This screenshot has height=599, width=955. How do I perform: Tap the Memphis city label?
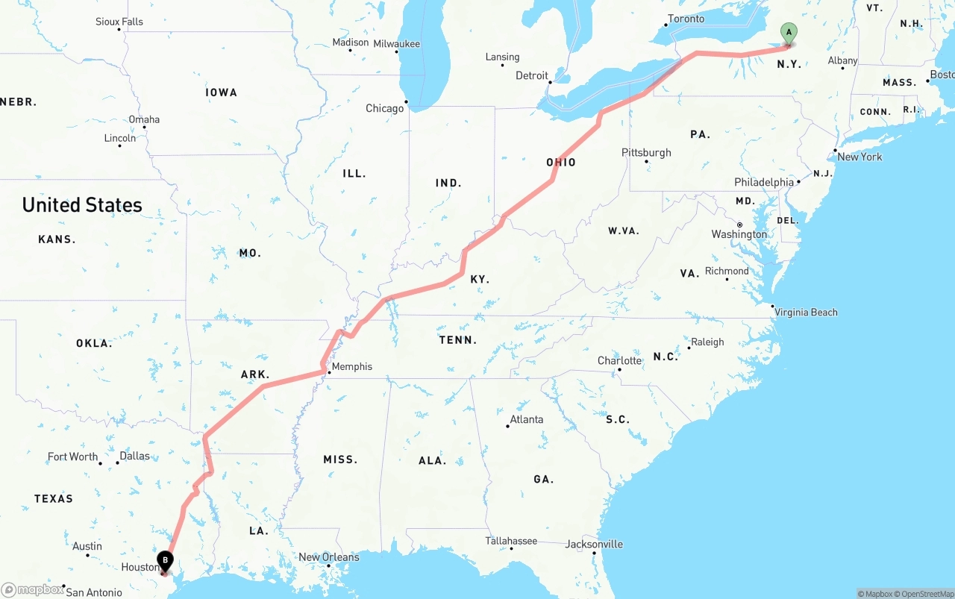[x=351, y=366]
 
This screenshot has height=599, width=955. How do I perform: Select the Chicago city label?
[x=384, y=108]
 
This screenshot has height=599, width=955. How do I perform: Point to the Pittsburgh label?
[x=646, y=152]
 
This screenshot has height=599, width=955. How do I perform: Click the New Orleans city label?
[x=328, y=557]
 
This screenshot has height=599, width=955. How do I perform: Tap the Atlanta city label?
[x=526, y=419]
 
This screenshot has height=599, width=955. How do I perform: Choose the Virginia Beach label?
[x=806, y=312]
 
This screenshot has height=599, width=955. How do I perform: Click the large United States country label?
[x=82, y=205]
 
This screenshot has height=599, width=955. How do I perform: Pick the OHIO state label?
[x=561, y=162]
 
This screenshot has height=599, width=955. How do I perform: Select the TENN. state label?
[x=457, y=339]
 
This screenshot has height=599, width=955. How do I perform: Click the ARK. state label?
[x=255, y=374]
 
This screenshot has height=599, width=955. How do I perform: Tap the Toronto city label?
[x=686, y=19]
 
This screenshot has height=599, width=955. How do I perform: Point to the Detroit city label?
[x=532, y=75]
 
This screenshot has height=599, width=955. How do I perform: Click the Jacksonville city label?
[x=594, y=544]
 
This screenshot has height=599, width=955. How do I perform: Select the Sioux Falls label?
[x=119, y=22]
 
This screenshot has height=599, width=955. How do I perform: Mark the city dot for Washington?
[x=739, y=225]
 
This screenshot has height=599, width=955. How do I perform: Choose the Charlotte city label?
[x=619, y=360]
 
